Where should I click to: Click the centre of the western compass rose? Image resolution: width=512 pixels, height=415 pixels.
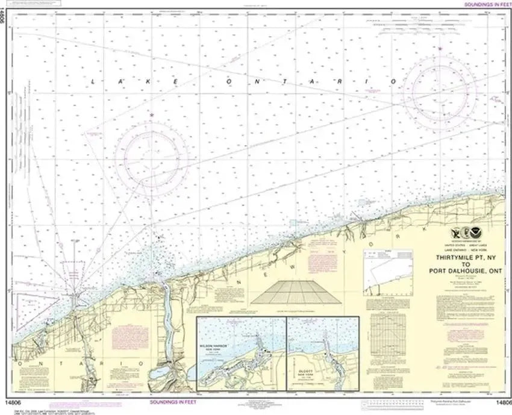tap(151, 158)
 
